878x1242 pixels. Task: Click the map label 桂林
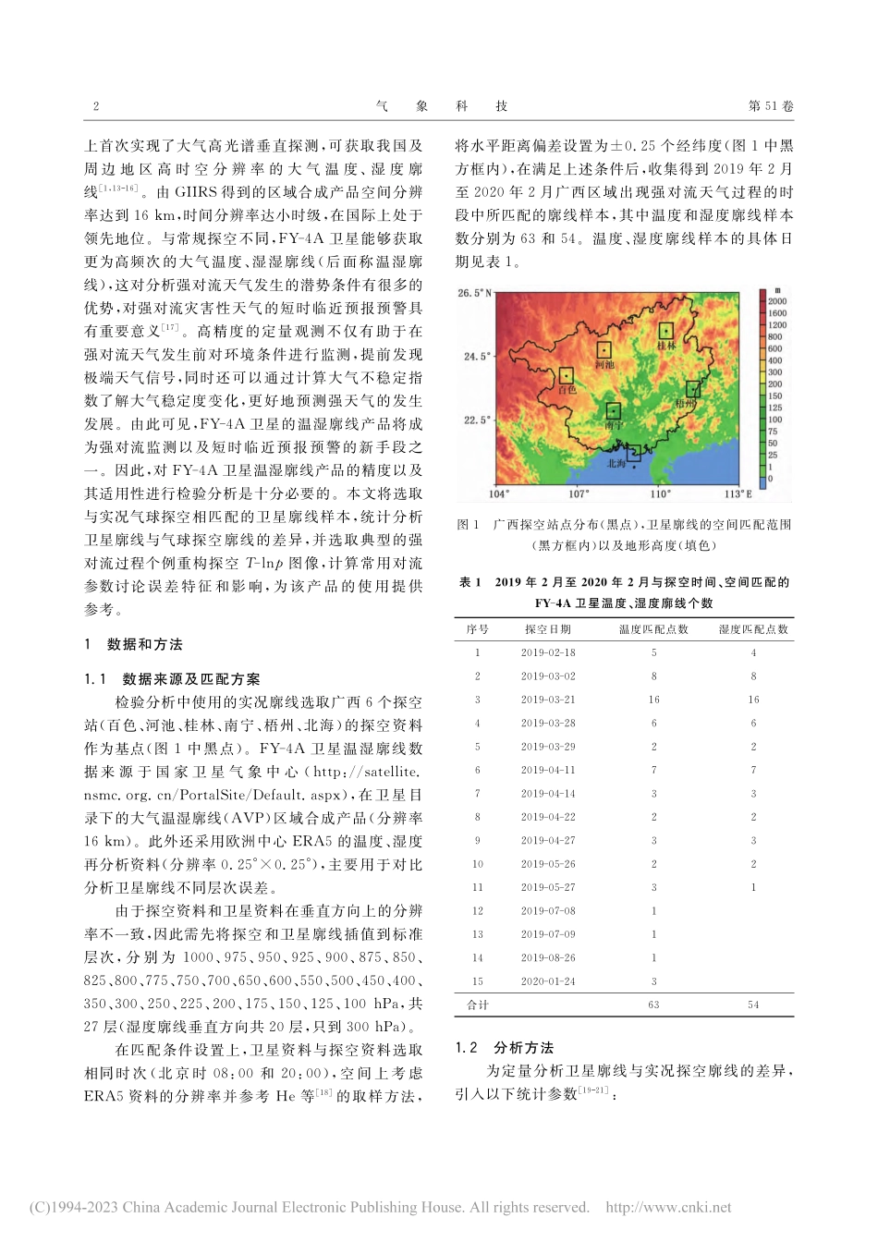tap(666, 346)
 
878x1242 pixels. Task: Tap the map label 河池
tap(604, 365)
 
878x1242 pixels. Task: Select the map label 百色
tap(566, 390)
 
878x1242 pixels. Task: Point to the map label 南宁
tap(613, 426)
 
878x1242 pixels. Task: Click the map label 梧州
tap(686, 404)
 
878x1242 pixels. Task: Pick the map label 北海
tap(616, 464)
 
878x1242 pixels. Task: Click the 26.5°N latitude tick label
tap(475, 294)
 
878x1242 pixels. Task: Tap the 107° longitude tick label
tap(579, 493)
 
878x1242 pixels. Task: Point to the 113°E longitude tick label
tap(738, 493)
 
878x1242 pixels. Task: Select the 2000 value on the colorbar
tap(777, 301)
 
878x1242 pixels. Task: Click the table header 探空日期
tap(547, 629)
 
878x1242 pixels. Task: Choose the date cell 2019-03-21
tap(547, 700)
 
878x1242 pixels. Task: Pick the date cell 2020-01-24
tap(547, 980)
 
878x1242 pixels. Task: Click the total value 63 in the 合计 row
tap(653, 1005)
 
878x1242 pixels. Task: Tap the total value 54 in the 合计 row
tap(753, 1005)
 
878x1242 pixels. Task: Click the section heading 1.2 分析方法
tap(505, 1048)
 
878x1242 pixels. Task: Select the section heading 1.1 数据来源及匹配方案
tap(172, 679)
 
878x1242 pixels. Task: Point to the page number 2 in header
tap(96, 106)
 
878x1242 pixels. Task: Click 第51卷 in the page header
tap(770, 106)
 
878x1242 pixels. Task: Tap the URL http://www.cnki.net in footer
tap(667, 1207)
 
